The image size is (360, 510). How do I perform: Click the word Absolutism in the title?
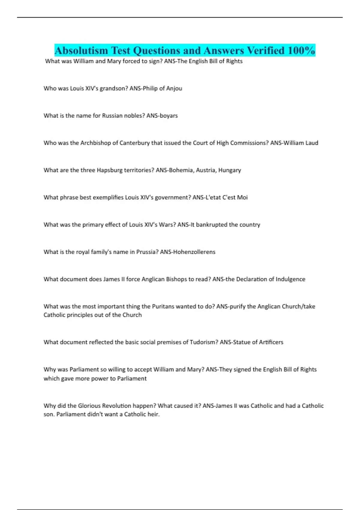pyautogui.click(x=81, y=50)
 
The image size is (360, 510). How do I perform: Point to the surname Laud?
pyautogui.click(x=312, y=143)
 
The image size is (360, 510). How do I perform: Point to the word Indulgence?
pyautogui.click(x=290, y=279)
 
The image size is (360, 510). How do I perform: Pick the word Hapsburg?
pyautogui.click(x=109, y=170)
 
